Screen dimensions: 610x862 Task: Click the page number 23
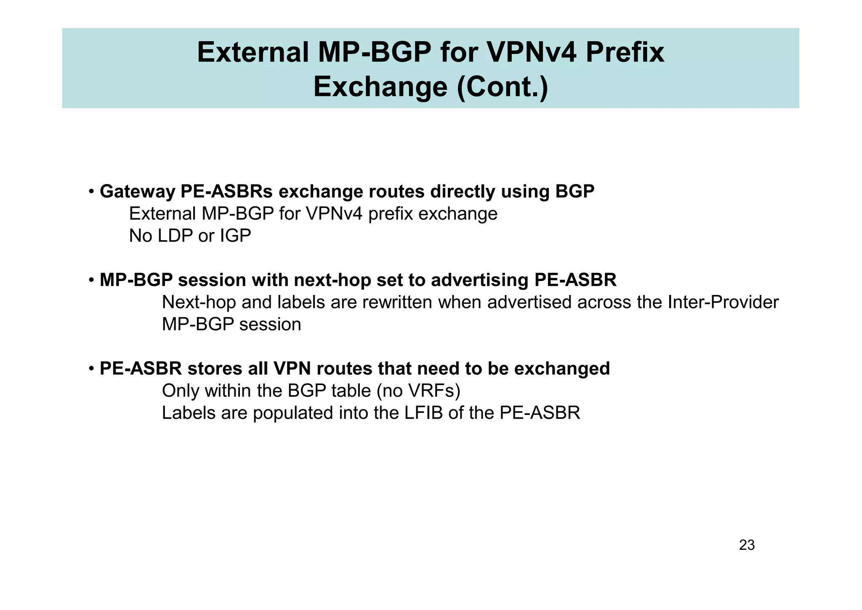[x=747, y=545]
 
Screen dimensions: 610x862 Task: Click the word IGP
[x=236, y=236]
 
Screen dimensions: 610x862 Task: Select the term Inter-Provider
[x=723, y=302]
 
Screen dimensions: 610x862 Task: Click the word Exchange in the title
[x=380, y=87]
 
